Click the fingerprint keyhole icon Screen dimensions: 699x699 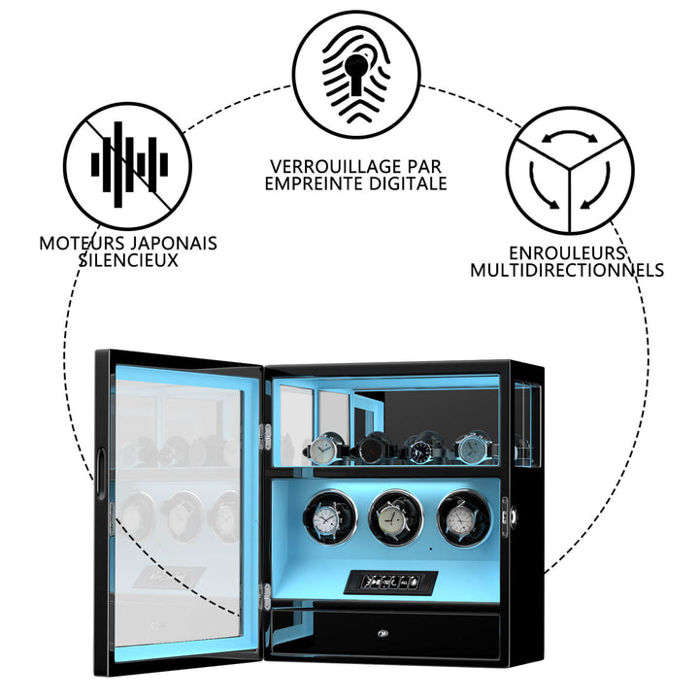click(356, 75)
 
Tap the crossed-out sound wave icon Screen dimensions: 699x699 click(127, 166)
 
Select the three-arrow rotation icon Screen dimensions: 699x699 click(570, 170)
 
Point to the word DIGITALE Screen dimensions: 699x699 click(406, 183)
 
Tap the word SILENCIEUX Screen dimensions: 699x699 click(128, 260)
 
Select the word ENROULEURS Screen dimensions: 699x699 click(567, 253)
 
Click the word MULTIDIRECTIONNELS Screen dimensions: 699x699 click(567, 270)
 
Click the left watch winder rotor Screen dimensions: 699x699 click(330, 517)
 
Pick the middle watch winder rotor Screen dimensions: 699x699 click(396, 517)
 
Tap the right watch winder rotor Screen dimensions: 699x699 click(464, 518)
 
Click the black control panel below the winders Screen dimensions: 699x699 click(390, 582)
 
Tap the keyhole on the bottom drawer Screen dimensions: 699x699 click(383, 633)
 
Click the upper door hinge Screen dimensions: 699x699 click(265, 437)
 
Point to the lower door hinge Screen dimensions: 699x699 click(266, 596)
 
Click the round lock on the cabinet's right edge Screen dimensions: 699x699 click(514, 516)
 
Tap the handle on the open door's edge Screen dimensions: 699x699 click(100, 474)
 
